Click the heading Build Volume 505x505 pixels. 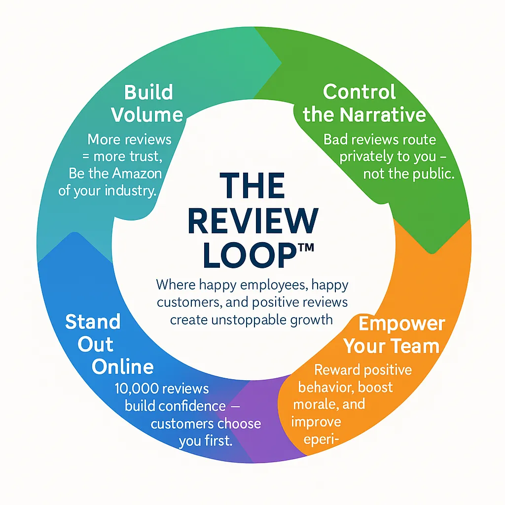[x=147, y=104]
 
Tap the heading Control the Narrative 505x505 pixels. [x=364, y=103]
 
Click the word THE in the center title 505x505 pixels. [x=252, y=186]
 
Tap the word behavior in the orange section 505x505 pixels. [x=325, y=387]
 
